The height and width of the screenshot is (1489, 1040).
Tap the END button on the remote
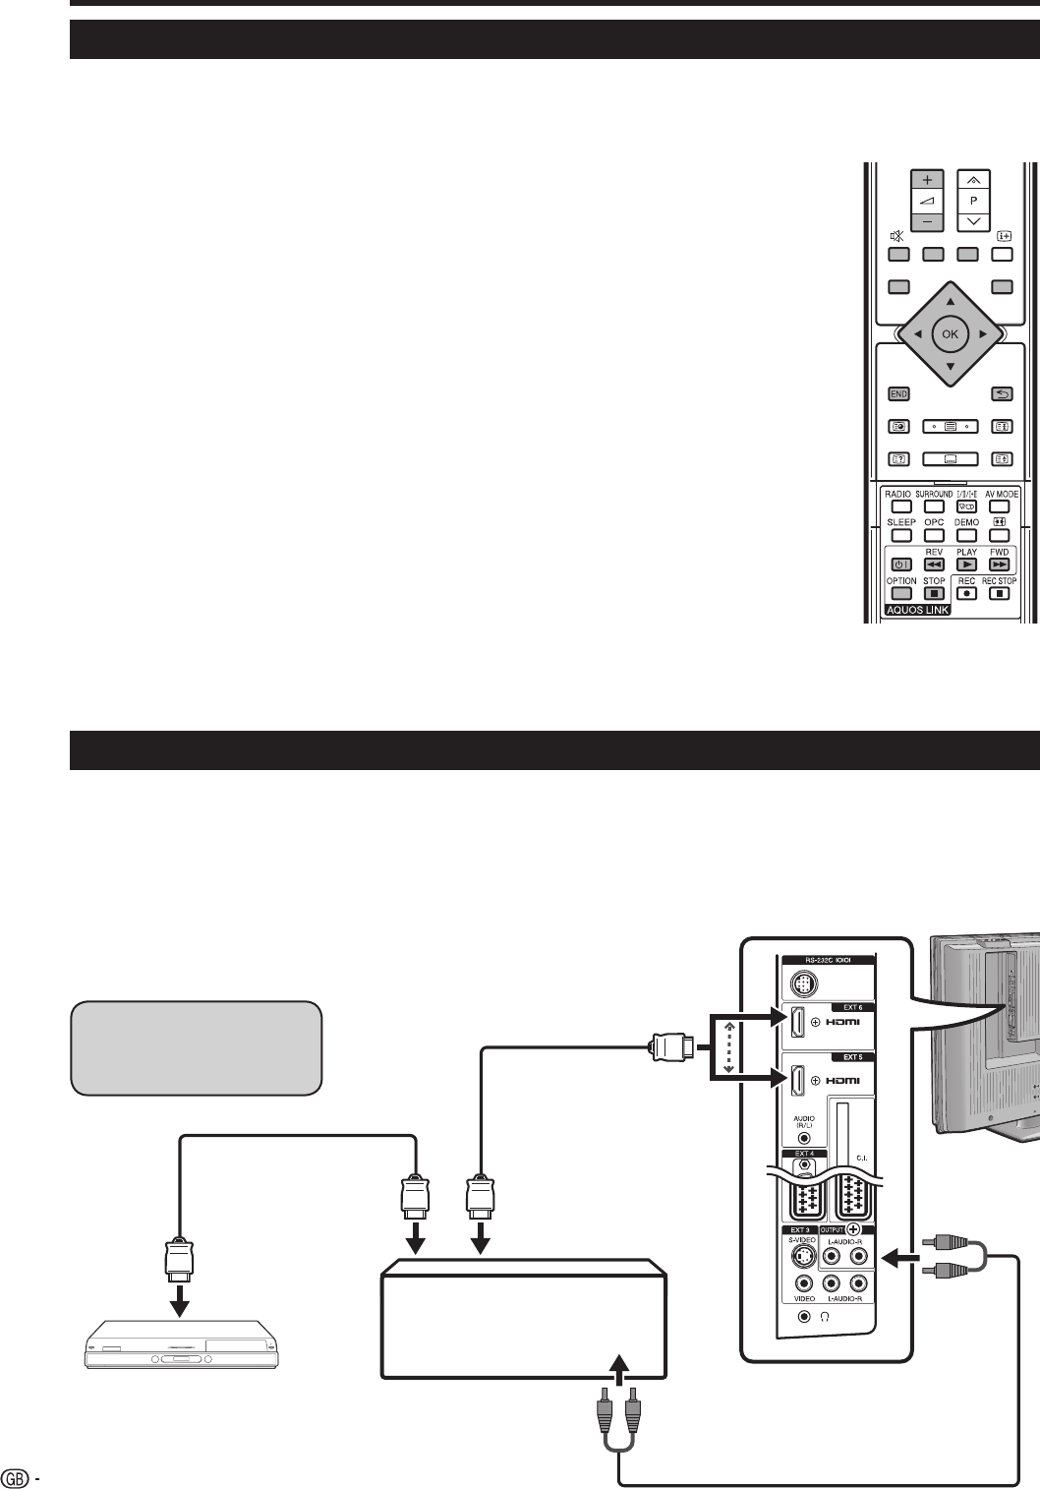coord(898,393)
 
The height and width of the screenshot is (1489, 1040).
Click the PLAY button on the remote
coord(966,565)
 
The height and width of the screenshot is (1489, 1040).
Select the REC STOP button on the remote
coord(999,594)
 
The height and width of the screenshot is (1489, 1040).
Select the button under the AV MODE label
coord(1001,506)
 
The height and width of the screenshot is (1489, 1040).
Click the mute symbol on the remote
coord(896,236)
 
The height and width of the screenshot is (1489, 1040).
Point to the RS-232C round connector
coord(803,983)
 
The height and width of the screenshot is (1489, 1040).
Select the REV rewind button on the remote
coord(934,565)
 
